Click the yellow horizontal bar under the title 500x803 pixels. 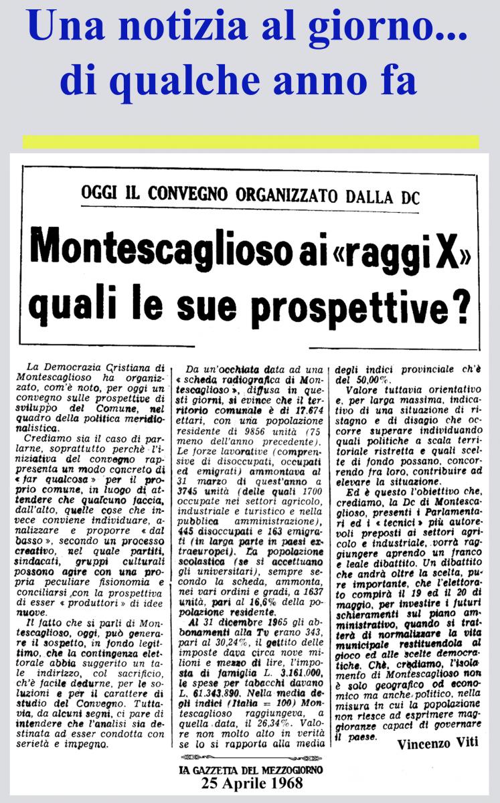click(250, 142)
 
